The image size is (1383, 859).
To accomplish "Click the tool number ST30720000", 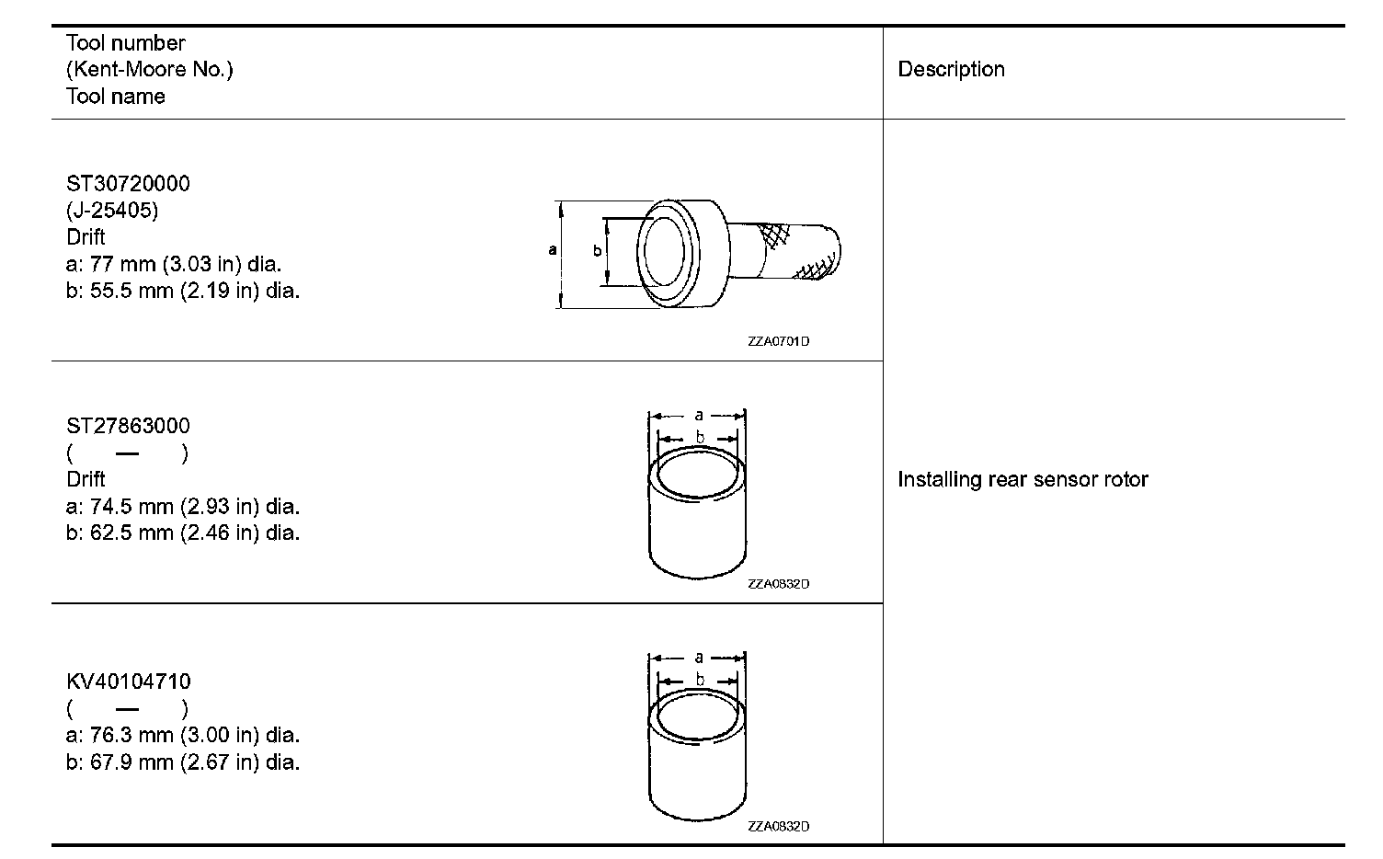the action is click(128, 184).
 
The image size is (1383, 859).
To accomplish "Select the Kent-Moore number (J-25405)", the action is click(112, 211).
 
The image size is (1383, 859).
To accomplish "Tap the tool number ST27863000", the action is click(128, 426).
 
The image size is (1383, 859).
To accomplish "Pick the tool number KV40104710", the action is click(129, 681).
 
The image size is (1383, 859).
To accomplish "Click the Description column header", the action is click(951, 70).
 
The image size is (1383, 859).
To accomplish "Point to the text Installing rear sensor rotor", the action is click(1023, 479).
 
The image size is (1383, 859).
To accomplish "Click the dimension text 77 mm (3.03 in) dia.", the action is click(174, 265).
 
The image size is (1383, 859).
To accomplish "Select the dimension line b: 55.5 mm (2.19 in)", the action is click(183, 292).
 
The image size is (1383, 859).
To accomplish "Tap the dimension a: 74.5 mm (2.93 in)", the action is click(183, 507).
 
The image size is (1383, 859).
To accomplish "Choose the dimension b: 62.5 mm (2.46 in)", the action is click(183, 533).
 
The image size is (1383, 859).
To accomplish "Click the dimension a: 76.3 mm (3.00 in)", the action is click(183, 736).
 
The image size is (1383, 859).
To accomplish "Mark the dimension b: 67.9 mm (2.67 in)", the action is click(183, 762).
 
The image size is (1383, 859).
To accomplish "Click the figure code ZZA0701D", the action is click(778, 342).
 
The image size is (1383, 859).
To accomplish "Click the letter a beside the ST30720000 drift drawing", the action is click(552, 249).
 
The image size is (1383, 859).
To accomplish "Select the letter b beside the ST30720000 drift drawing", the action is click(597, 250).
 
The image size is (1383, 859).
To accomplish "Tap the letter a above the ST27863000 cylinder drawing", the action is click(699, 415).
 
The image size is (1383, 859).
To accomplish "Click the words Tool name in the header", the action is click(116, 97).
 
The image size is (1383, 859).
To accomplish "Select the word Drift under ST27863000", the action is click(86, 479).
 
